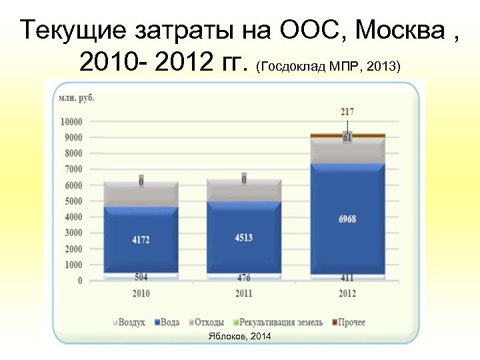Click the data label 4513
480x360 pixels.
243,237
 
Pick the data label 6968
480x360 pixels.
347,219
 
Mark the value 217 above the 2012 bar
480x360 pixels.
347,112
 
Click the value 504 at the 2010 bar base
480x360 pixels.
141,277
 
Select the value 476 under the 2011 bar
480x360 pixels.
243,277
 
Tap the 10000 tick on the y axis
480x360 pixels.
71,122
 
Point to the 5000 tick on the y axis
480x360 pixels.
73,201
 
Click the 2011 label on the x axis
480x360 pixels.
243,293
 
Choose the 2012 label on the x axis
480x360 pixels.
347,293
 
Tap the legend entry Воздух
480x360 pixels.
129,323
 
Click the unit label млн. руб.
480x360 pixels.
77,97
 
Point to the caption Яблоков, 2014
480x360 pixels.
240,337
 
